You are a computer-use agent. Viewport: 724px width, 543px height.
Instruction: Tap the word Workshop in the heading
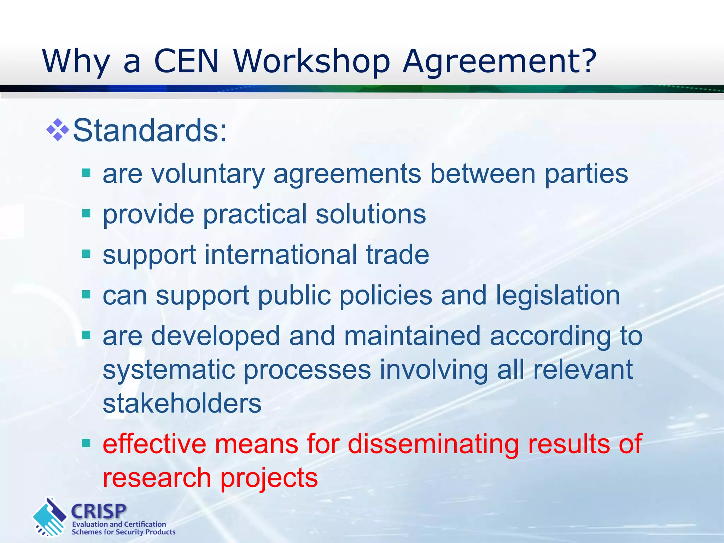pos(311,62)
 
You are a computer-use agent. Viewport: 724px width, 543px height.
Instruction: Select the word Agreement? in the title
pos(500,62)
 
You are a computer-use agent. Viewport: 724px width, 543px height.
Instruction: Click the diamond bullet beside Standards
pos(58,130)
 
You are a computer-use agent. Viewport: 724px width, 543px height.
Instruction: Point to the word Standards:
pos(150,131)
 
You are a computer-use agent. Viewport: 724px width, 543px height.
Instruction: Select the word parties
pos(586,174)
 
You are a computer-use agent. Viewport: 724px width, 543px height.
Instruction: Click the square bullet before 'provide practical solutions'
pos(86,214)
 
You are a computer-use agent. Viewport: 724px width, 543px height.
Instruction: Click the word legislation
pos(557,295)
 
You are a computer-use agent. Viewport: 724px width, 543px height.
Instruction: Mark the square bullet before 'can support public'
pos(86,294)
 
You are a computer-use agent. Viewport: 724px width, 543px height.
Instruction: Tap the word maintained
pos(412,335)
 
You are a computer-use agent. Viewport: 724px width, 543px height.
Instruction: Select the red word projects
pos(269,478)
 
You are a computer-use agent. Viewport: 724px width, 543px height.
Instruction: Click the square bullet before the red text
pos(86,443)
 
